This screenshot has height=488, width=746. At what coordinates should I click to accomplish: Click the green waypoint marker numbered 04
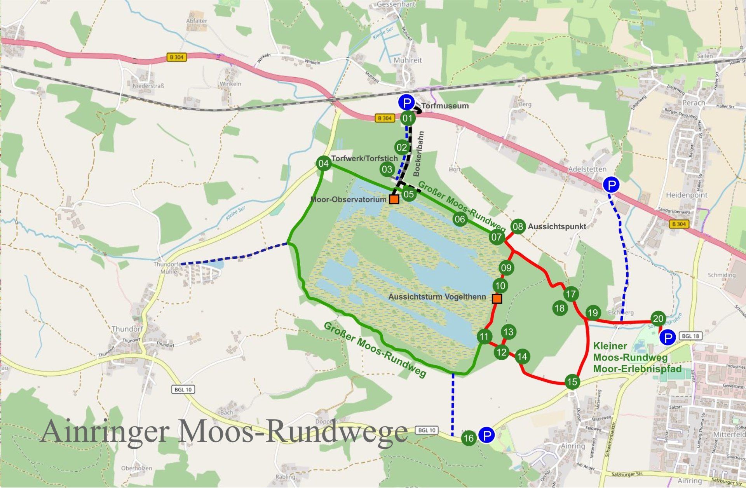point(323,164)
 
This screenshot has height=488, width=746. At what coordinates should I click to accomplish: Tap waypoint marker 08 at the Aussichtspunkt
point(518,227)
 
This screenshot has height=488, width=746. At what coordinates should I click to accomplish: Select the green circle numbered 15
point(572,382)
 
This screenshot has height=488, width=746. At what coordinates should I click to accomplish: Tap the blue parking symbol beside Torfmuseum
point(406,103)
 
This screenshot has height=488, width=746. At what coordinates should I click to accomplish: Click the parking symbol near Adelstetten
point(611,185)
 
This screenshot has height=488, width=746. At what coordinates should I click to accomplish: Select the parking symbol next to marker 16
point(486,435)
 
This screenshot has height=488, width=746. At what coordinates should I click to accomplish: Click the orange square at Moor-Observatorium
point(394,199)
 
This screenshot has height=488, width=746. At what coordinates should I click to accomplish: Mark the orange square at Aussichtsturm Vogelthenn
point(497,298)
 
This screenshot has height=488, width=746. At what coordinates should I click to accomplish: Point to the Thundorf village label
point(127,329)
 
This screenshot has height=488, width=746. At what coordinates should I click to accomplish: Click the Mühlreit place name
point(408,61)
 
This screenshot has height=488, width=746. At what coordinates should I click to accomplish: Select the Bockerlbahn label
point(419,154)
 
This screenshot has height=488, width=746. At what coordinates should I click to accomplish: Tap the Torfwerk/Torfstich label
point(364,159)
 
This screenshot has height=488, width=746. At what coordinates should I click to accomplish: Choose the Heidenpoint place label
point(687,195)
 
